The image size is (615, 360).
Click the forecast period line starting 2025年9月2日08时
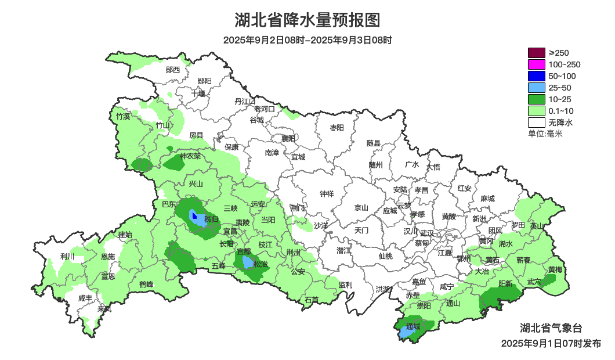[307, 40]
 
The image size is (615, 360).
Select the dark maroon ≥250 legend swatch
[537, 53]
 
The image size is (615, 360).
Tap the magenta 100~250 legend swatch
[537, 64]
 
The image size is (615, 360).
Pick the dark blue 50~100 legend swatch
[537, 76]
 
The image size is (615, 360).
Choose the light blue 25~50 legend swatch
[537, 88]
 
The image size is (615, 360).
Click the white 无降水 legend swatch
[537, 123]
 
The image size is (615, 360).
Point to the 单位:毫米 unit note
[545, 134]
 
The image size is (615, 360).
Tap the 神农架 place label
[190, 156]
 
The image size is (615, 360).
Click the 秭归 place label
[211, 219]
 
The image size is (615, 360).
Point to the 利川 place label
[67, 256]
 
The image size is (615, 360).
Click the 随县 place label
[373, 143]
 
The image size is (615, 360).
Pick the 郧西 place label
[173, 70]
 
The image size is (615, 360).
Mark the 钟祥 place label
[327, 194]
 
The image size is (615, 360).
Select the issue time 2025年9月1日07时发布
[551, 343]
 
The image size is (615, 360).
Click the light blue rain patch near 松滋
[248, 262]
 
